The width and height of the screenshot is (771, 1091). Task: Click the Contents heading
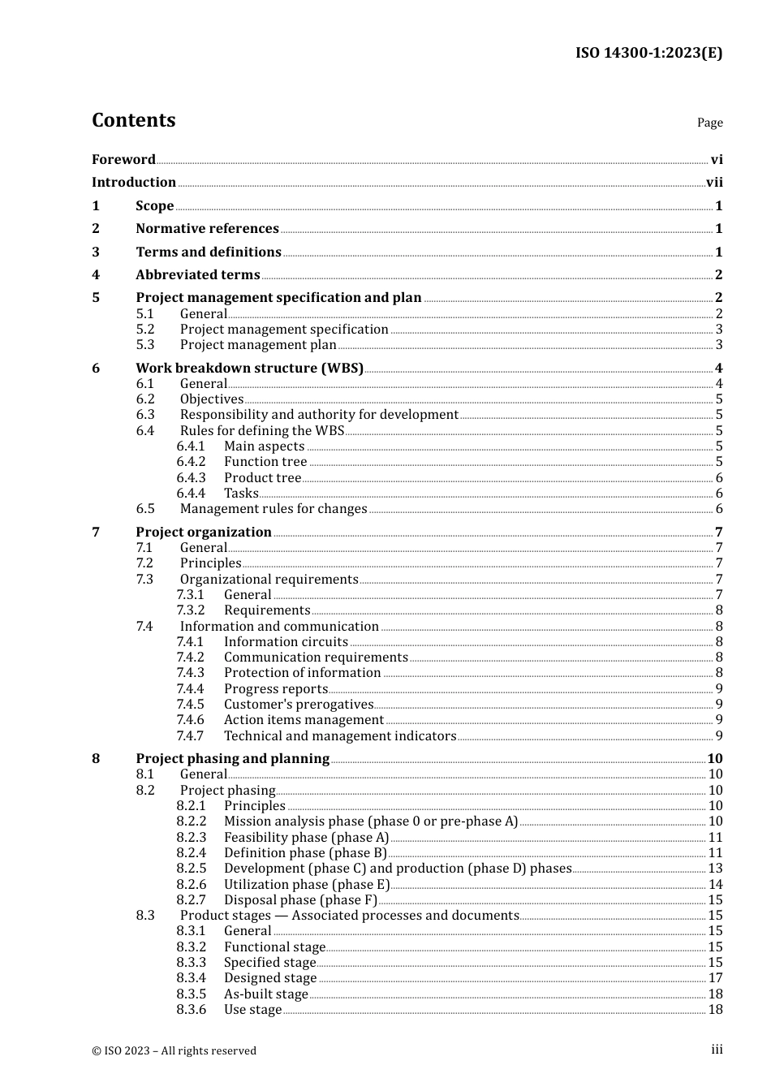click(x=133, y=120)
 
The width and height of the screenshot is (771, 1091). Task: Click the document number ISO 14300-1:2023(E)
click(x=648, y=53)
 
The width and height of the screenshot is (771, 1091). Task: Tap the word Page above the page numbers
click(x=709, y=123)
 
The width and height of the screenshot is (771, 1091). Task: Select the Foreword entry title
click(x=123, y=160)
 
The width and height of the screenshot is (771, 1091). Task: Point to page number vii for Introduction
click(x=714, y=183)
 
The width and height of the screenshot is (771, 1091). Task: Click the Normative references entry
click(x=207, y=229)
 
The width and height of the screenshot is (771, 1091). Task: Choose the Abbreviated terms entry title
click(x=197, y=275)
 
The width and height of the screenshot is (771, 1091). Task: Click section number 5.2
click(x=145, y=330)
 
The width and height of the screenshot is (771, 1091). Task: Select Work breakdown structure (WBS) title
click(x=249, y=369)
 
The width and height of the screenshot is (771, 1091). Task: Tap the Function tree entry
click(x=265, y=462)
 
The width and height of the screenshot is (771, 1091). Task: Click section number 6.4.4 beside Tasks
click(x=191, y=494)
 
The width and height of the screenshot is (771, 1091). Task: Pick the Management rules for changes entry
click(x=274, y=509)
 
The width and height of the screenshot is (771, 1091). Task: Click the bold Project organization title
click(x=204, y=533)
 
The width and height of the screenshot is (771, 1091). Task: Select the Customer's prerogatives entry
click(x=298, y=705)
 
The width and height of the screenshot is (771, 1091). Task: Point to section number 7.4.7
click(x=190, y=736)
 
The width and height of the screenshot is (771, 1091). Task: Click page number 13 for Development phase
click(x=715, y=869)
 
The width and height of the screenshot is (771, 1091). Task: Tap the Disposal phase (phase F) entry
click(x=300, y=900)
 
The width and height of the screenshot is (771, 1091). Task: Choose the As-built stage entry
click(x=265, y=994)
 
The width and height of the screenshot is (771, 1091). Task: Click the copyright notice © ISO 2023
click(x=174, y=1051)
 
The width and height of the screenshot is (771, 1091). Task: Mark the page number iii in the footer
click(x=717, y=1050)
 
